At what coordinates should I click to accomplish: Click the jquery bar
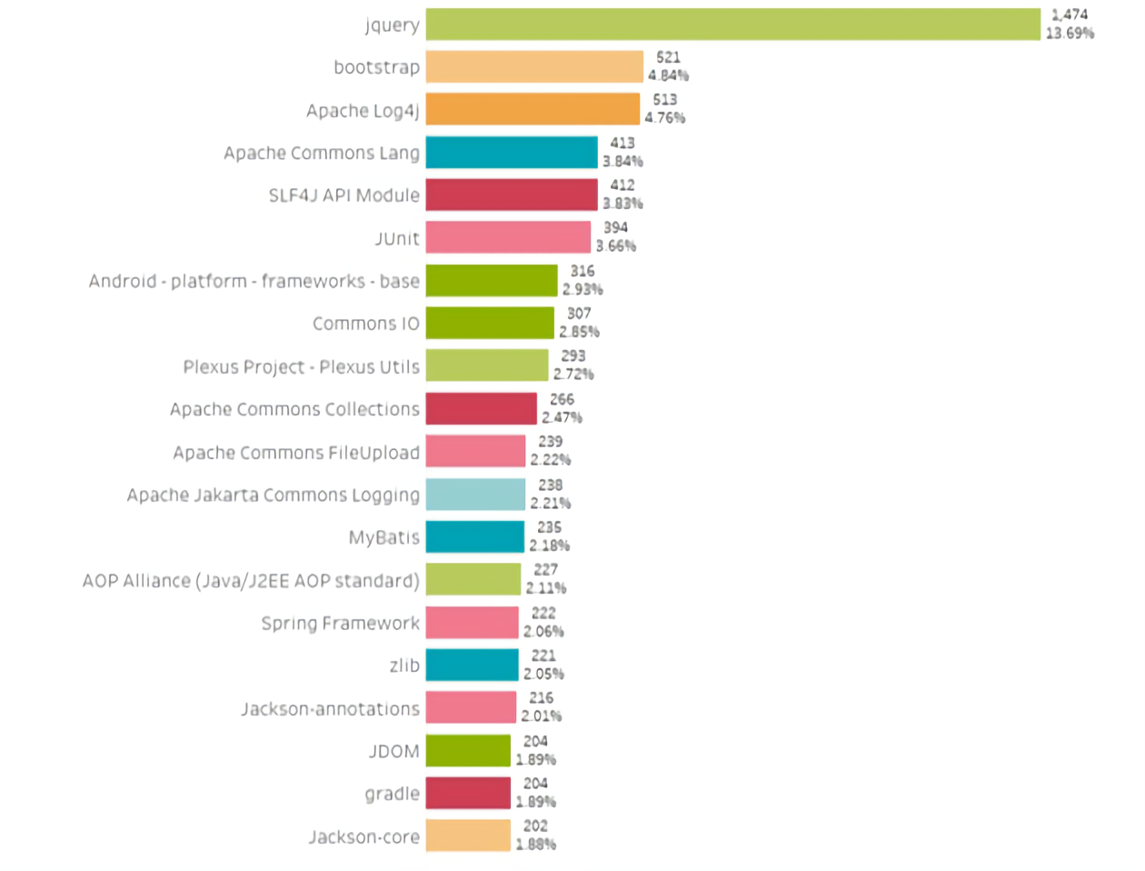pyautogui.click(x=732, y=25)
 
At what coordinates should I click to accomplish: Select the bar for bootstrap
pyautogui.click(x=534, y=67)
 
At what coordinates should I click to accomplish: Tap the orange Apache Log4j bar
pyautogui.click(x=533, y=109)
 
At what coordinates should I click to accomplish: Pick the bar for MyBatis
pyautogui.click(x=474, y=536)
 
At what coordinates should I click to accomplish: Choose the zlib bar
pyautogui.click(x=472, y=665)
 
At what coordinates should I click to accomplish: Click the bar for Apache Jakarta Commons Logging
pyautogui.click(x=475, y=495)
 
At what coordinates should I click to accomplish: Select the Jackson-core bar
pyautogui.click(x=468, y=836)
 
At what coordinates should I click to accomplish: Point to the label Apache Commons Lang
pyautogui.click(x=322, y=153)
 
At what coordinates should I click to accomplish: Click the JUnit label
pyautogui.click(x=397, y=238)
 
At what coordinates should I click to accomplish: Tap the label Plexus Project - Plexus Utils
pyautogui.click(x=301, y=366)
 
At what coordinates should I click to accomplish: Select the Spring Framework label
pyautogui.click(x=340, y=623)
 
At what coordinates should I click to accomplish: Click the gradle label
pyautogui.click(x=392, y=794)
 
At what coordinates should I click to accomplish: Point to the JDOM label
pyautogui.click(x=393, y=751)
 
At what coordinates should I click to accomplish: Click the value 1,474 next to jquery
pyautogui.click(x=1069, y=15)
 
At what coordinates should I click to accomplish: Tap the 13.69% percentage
pyautogui.click(x=1070, y=34)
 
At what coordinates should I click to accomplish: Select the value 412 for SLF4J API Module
pyautogui.click(x=622, y=185)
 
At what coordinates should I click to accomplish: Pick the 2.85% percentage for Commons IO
pyautogui.click(x=579, y=332)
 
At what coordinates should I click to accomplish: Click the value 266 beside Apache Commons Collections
pyautogui.click(x=562, y=399)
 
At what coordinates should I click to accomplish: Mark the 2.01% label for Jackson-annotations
pyautogui.click(x=541, y=716)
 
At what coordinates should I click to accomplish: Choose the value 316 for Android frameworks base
pyautogui.click(x=582, y=271)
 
